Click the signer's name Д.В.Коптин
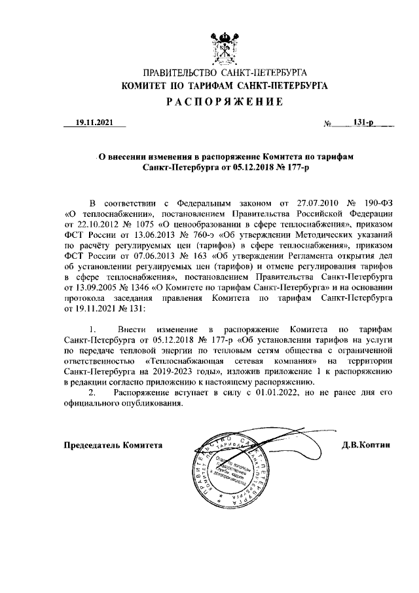pos(365,445)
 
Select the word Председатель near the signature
pos(90,445)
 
